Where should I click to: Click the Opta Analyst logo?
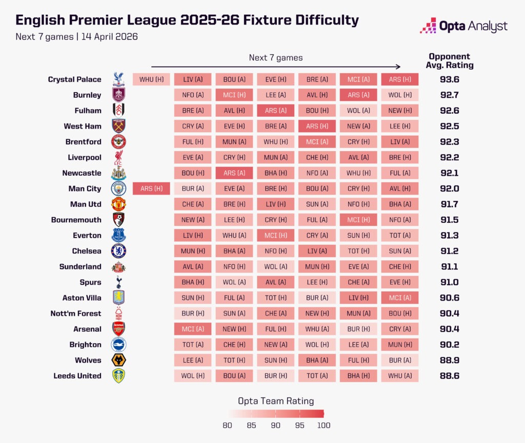[x=463, y=26]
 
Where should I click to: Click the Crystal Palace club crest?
[x=118, y=79]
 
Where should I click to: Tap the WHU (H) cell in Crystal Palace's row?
[x=151, y=79]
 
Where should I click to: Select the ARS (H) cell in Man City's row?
[x=151, y=188]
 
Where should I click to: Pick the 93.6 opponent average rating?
[x=450, y=79]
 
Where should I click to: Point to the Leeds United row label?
[x=77, y=376]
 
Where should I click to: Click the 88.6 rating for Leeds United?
[x=450, y=376]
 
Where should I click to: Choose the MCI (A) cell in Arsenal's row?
[x=192, y=329]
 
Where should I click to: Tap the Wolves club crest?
[x=118, y=360]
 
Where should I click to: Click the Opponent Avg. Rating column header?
[x=450, y=61]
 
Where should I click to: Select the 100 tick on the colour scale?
[x=323, y=425]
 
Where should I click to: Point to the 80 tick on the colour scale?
[x=228, y=425]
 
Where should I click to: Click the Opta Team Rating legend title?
[x=276, y=401]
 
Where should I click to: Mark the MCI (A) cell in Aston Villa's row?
[x=399, y=298]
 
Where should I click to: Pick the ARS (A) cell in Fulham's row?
[x=275, y=111]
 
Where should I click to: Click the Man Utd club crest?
[x=118, y=204]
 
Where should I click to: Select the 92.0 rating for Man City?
[x=450, y=188]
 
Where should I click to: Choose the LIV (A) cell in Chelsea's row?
[x=317, y=251]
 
